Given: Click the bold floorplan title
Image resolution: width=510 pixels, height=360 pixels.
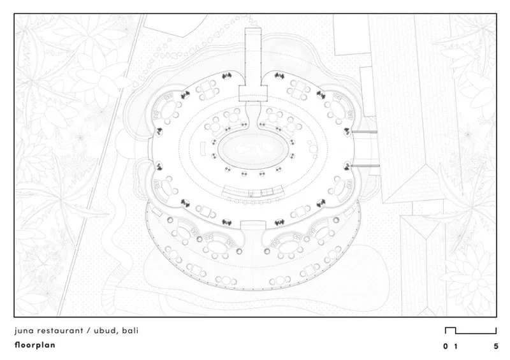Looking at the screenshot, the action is [35, 345].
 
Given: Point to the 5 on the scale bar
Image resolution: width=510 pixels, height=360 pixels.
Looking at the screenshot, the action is [496, 347].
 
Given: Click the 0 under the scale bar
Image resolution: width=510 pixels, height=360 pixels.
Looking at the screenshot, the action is [445, 347].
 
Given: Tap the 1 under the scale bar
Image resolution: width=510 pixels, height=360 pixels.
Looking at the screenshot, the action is [456, 347].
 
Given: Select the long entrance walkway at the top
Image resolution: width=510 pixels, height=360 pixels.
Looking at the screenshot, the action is [252, 57].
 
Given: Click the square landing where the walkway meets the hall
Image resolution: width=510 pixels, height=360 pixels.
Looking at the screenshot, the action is [253, 93].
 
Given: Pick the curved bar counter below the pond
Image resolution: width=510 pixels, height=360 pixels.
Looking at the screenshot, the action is [252, 192].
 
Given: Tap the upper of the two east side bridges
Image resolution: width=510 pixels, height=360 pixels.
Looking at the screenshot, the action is [364, 132].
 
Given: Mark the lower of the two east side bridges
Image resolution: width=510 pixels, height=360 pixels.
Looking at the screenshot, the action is [365, 166].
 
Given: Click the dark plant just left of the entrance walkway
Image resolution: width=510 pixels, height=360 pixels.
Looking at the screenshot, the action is [227, 76].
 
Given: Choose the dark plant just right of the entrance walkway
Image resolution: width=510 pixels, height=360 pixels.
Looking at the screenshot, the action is [279, 76].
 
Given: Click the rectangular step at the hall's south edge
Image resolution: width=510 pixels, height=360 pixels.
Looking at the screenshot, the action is [253, 225].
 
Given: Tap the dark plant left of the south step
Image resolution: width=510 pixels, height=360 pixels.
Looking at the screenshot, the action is [227, 223].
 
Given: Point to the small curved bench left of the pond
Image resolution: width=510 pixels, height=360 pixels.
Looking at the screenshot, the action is [202, 149].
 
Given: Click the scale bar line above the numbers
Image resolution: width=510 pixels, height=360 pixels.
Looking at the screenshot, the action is [470, 331].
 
